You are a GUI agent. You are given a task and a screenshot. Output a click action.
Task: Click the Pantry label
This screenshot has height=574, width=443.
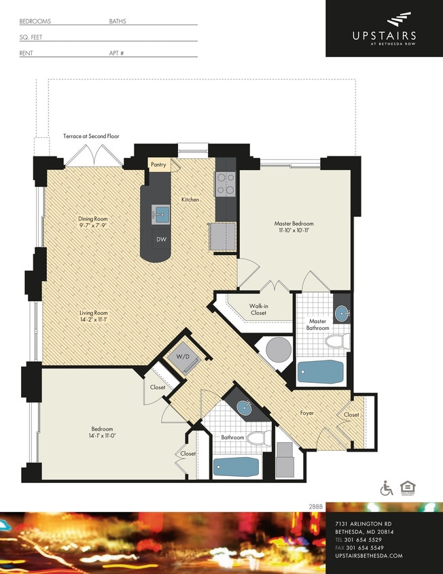coord(158,165)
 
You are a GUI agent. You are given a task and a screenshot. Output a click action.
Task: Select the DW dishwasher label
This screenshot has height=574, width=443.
coord(161,239)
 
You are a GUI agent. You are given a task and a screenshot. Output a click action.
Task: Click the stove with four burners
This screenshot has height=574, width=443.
coord(225,182)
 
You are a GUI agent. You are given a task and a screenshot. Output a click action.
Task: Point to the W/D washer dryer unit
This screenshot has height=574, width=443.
coord(184,358)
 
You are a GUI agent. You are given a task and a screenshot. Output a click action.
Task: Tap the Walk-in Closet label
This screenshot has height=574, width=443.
coord(258,309)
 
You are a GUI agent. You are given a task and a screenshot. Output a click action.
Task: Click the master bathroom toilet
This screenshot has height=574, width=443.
coord(336,341)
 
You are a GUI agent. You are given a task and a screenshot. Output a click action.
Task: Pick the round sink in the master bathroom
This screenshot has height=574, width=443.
coord(342,314)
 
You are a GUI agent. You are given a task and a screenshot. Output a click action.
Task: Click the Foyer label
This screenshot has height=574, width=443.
coord(307,413)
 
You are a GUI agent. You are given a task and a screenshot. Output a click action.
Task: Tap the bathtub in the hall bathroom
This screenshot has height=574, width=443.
coord(236,467)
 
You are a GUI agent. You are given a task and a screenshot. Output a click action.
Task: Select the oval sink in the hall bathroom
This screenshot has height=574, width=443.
coord(244,407)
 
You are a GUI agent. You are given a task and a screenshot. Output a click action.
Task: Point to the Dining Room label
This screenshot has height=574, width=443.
coord(93,219)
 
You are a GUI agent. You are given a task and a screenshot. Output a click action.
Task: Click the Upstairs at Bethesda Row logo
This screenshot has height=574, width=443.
coord(384,29)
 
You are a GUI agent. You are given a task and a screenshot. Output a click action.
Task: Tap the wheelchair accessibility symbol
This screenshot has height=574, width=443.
coord(387,488)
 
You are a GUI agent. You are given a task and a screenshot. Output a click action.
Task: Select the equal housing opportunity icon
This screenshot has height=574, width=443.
coord(408,488)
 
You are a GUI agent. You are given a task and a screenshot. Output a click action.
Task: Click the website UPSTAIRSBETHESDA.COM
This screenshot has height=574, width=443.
coord(369,556)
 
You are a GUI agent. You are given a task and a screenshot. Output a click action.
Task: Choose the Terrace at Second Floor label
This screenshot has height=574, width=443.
coord(91,136)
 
